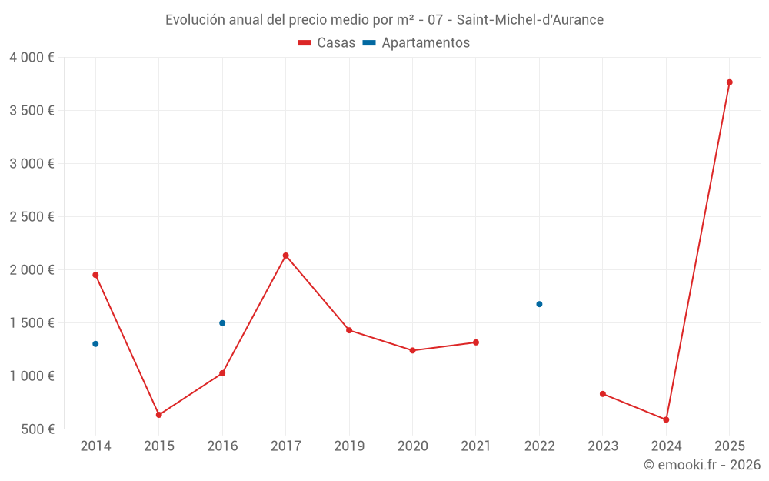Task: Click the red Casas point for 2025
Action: (x=729, y=82)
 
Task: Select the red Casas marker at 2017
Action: (x=286, y=256)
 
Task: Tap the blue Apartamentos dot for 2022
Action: (x=539, y=304)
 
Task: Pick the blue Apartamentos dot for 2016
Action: (x=222, y=323)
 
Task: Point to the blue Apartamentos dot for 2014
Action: (x=95, y=344)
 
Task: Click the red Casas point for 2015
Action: (x=159, y=415)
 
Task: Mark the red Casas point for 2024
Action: (x=666, y=419)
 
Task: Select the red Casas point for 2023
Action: (x=603, y=394)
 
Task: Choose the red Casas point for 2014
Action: (x=95, y=275)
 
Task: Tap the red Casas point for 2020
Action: (x=412, y=350)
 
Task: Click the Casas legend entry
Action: (x=327, y=43)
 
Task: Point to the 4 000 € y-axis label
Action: (x=32, y=58)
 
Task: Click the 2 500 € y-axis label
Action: (x=32, y=217)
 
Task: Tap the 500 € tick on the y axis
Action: (x=36, y=429)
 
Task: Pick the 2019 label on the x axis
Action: (x=349, y=446)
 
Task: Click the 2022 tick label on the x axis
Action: (x=539, y=446)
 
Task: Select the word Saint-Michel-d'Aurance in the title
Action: (x=530, y=20)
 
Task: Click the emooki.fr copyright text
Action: (x=702, y=465)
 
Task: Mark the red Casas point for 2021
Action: (x=476, y=342)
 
